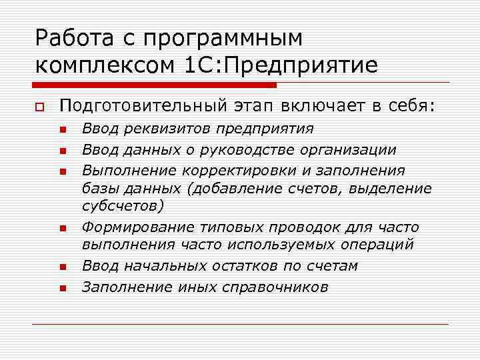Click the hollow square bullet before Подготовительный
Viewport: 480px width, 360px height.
(x=40, y=106)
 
